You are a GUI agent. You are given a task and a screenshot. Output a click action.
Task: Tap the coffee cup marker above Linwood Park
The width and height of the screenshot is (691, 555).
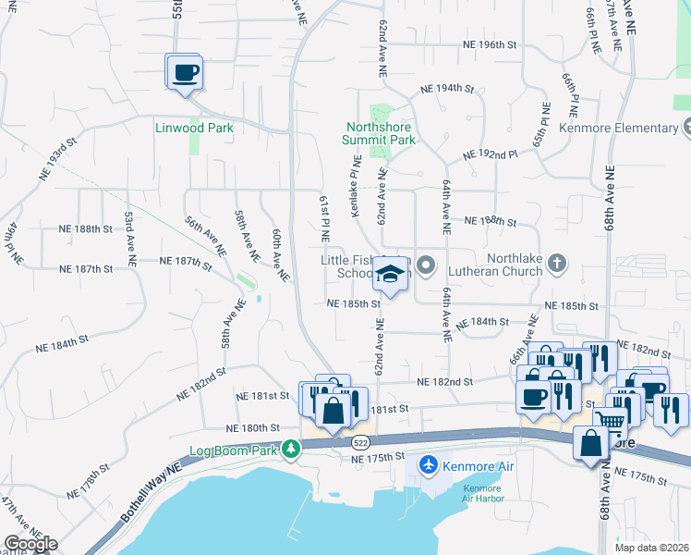pos(185,72)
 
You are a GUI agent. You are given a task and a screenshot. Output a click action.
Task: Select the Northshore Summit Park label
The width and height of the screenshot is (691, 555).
pos(380,133)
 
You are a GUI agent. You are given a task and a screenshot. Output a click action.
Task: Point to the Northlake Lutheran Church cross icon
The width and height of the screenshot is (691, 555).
pos(556,265)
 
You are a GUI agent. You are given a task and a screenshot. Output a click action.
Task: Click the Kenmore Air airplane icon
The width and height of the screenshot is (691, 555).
pos(429,464)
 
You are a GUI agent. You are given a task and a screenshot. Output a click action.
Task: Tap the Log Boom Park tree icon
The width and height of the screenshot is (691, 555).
pos(292,450)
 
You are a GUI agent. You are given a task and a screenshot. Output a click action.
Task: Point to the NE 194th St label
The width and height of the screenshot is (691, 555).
pos(447,89)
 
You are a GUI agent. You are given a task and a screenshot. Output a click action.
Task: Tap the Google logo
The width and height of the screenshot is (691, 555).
pos(31,544)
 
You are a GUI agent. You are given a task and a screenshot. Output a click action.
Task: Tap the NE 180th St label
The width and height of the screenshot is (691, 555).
pos(253,428)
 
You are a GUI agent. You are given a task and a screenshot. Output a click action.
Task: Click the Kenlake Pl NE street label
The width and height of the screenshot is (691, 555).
pos(354,195)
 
